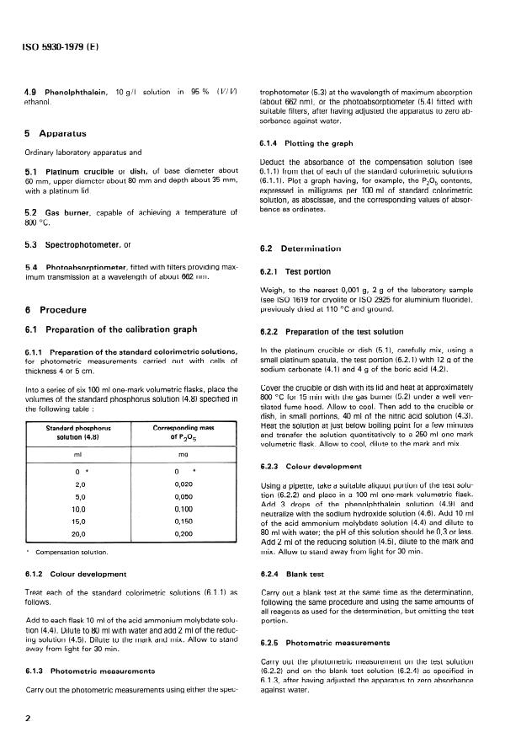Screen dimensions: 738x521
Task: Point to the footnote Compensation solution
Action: (71, 552)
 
